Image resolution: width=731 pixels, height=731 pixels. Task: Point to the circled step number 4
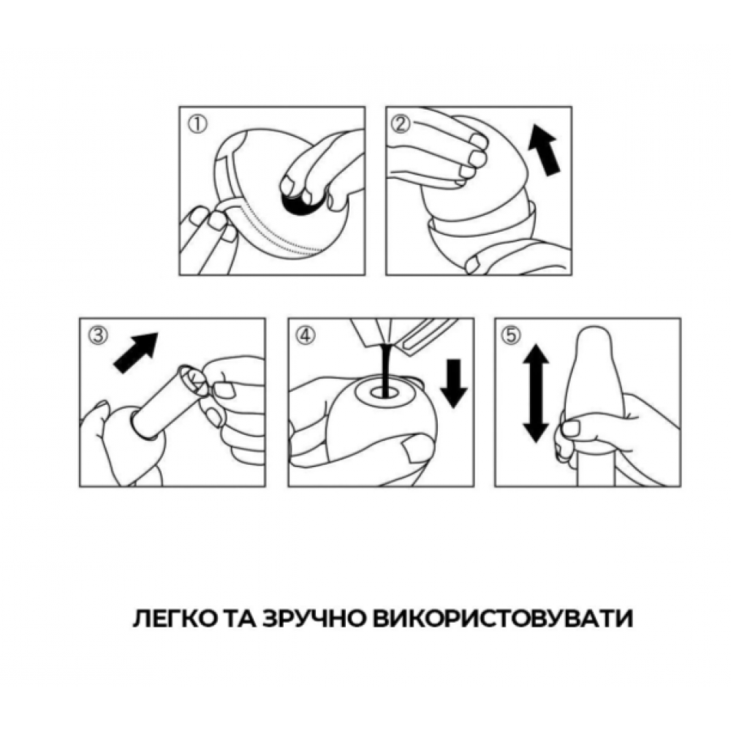point(306,336)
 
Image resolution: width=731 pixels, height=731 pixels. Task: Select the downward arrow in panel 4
point(454,385)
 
